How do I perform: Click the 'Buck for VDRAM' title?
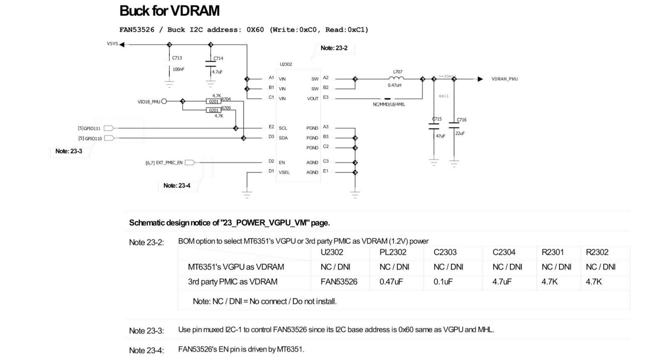coord(169,11)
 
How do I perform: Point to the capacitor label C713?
coord(177,58)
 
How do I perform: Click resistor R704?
coord(214,102)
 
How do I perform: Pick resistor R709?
coord(214,110)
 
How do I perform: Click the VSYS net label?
coord(112,44)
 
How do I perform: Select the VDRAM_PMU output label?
coord(505,79)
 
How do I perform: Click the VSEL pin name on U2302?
coord(284,172)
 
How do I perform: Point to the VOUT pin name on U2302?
coord(313,99)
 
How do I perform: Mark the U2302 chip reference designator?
coord(286,64)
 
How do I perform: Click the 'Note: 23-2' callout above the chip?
coord(334,48)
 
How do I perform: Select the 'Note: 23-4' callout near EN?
coord(177,185)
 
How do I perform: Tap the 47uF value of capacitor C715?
coord(440,136)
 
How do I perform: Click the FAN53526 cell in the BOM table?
coord(339,282)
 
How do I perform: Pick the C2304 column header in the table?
coord(504,252)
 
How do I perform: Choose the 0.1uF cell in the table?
coord(443,282)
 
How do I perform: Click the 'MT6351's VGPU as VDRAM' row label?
coord(236,267)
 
